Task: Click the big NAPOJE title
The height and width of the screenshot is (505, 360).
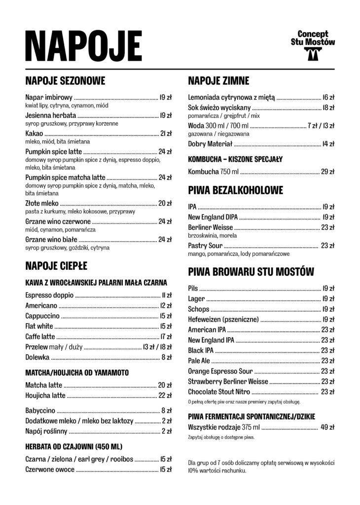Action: click(x=83, y=45)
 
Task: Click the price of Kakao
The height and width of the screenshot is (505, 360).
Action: click(x=165, y=134)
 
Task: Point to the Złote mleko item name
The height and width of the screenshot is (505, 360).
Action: click(x=42, y=203)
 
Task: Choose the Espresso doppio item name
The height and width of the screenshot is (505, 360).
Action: click(x=49, y=295)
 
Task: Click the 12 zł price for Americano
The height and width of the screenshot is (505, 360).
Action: click(x=166, y=306)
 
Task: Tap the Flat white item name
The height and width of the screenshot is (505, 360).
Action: click(x=39, y=326)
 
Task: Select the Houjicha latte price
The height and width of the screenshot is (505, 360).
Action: click(x=165, y=395)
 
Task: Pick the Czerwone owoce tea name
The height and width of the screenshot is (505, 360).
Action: click(x=50, y=469)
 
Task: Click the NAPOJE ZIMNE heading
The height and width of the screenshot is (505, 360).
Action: click(x=218, y=80)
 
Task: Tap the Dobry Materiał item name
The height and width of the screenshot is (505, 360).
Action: click(x=210, y=144)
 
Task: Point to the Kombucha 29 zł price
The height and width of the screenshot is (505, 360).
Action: click(x=327, y=172)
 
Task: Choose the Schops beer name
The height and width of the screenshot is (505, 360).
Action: click(x=199, y=309)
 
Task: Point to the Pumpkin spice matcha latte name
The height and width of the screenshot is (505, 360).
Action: click(x=65, y=177)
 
